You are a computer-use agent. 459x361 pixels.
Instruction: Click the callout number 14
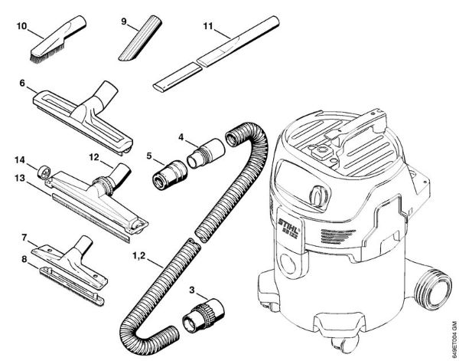click(x=21, y=159)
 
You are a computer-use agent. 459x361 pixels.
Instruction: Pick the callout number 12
click(x=94, y=159)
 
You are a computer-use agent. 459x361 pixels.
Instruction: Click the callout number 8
click(x=24, y=260)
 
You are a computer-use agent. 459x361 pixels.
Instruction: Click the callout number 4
click(x=181, y=138)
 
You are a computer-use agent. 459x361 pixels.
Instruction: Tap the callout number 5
click(x=150, y=155)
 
